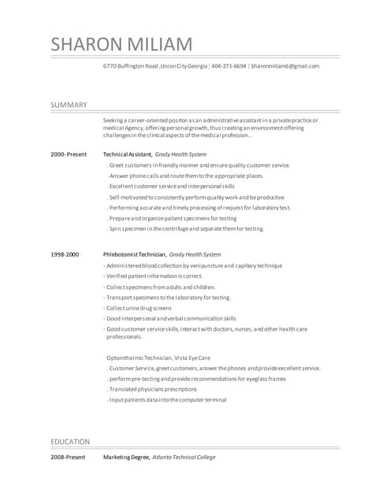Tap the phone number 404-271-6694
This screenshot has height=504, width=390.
(x=228, y=66)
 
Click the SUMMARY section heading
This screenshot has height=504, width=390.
(x=69, y=105)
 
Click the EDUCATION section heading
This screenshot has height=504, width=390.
(x=70, y=441)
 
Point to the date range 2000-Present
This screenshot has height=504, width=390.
(x=69, y=154)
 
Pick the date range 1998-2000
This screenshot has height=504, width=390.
(x=65, y=254)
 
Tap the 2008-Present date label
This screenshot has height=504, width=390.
(x=68, y=457)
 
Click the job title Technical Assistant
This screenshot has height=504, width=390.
(x=127, y=154)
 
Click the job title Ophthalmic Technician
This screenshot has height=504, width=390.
(x=139, y=358)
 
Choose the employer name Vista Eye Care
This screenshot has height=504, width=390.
(x=192, y=358)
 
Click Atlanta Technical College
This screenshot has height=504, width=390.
(x=183, y=457)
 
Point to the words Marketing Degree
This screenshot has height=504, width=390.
(x=125, y=457)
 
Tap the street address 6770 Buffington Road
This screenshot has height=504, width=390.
(x=131, y=66)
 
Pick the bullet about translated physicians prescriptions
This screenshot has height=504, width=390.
(x=154, y=389)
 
